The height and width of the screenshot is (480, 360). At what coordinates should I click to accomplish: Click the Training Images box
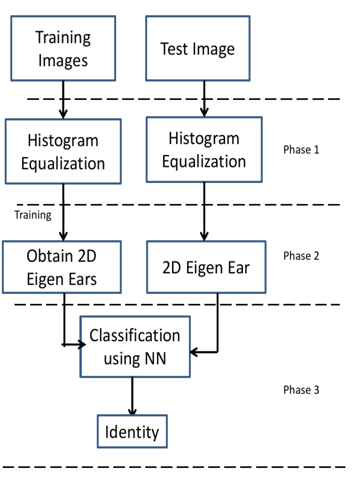click(x=63, y=49)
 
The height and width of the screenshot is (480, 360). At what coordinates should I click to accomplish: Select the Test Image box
click(x=197, y=49)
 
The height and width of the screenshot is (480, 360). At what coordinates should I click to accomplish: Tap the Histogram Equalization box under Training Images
click(x=63, y=151)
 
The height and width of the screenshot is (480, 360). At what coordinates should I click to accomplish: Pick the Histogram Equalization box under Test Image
click(x=204, y=150)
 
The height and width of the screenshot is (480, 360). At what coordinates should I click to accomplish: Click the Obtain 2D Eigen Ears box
click(x=61, y=267)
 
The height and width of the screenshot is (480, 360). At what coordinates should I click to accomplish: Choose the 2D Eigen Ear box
click(x=206, y=267)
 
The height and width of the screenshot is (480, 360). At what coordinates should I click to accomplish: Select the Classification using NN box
click(x=135, y=347)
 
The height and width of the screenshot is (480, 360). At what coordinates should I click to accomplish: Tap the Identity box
click(x=132, y=431)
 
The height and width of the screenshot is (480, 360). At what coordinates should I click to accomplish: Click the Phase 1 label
click(x=301, y=150)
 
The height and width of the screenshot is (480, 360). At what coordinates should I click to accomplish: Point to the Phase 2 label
click(x=301, y=256)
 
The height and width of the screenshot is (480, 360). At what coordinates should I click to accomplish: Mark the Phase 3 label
click(x=301, y=390)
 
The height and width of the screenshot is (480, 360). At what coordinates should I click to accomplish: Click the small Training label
click(x=33, y=215)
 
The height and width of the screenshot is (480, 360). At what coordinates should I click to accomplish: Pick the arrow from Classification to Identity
click(x=132, y=396)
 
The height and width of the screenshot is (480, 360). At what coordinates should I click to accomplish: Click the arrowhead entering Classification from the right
click(x=194, y=352)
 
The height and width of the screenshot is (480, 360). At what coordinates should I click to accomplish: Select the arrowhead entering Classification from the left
click(x=82, y=345)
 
